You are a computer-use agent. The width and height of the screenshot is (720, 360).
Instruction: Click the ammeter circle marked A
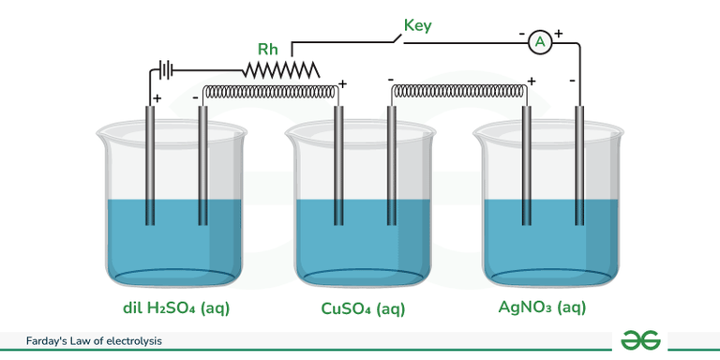(538, 41)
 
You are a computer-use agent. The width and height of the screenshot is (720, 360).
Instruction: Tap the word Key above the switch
(417, 25)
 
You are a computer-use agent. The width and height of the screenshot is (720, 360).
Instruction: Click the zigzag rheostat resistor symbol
(281, 68)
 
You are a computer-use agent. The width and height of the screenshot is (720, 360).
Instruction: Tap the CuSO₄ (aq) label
(363, 308)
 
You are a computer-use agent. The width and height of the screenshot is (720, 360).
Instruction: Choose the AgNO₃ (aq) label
(548, 308)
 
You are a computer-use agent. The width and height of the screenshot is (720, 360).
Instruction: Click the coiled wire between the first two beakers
(270, 92)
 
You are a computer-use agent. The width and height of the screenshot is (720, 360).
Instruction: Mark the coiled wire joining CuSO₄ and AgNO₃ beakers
(458, 92)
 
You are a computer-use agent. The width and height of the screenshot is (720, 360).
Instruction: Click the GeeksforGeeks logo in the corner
(641, 340)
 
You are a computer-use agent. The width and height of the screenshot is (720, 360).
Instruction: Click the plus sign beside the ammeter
(559, 34)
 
